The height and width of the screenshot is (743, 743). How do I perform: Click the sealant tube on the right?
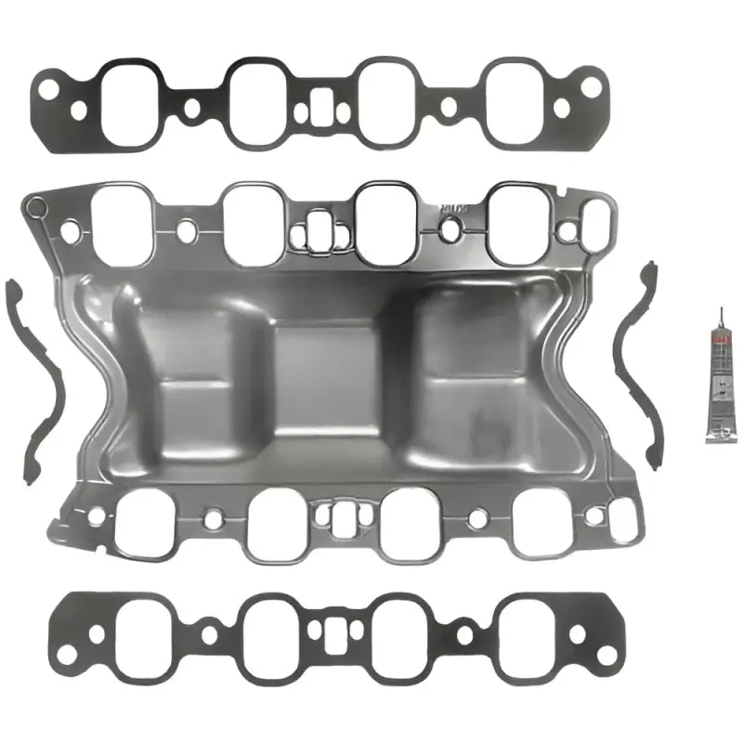pyautogui.click(x=715, y=390)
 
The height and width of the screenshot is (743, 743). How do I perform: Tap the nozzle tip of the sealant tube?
pyautogui.click(x=717, y=311)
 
